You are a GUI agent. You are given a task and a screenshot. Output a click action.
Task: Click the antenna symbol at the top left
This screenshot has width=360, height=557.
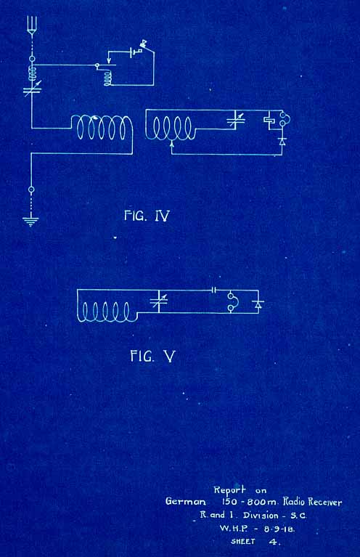coord(32,25)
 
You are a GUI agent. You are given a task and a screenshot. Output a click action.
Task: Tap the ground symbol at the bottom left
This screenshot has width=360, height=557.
coord(31,221)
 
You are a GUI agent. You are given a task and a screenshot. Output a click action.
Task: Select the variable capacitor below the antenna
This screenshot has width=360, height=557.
coord(33,89)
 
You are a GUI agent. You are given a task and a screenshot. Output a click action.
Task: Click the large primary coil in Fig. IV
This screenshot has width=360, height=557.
coord(102,128)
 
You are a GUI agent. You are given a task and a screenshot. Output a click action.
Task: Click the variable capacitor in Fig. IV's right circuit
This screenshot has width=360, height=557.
coord(236,121)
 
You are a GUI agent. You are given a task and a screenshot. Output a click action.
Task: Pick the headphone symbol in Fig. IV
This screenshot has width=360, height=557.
coord(284,119)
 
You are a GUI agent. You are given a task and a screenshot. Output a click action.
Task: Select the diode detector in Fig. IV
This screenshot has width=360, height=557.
coord(282,142)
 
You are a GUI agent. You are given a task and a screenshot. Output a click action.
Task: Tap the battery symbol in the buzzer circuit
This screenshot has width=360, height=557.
coord(134,53)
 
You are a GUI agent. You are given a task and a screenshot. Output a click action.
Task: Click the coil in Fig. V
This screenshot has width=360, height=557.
coord(107,312)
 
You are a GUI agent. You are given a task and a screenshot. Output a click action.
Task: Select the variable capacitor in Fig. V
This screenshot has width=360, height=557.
coord(159,301)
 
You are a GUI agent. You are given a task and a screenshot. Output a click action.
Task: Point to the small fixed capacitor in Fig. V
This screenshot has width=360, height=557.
coord(213,290)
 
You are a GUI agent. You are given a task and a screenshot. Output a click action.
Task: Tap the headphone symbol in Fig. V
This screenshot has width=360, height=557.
coord(233,302)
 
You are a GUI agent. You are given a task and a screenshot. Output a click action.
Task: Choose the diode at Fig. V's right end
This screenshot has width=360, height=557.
coord(258,304)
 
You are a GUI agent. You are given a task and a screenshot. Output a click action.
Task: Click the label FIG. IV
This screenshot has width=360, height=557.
coord(147,216)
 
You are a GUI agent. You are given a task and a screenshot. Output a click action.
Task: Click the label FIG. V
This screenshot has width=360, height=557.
coord(153,356)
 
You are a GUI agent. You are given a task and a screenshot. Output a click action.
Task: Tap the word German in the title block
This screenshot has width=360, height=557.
coord(185,502)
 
